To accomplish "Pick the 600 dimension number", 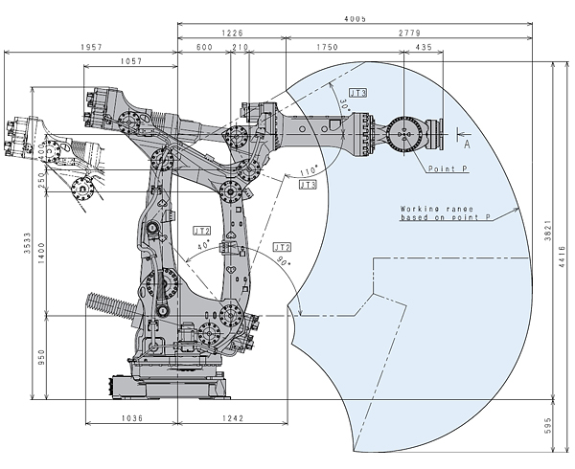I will (204, 47).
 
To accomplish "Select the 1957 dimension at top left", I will (91, 47).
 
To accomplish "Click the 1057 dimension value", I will (131, 61).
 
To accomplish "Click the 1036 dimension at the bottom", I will (131, 418).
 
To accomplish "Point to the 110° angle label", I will (309, 171).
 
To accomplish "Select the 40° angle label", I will (204, 246).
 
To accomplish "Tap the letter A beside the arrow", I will (467, 145).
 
